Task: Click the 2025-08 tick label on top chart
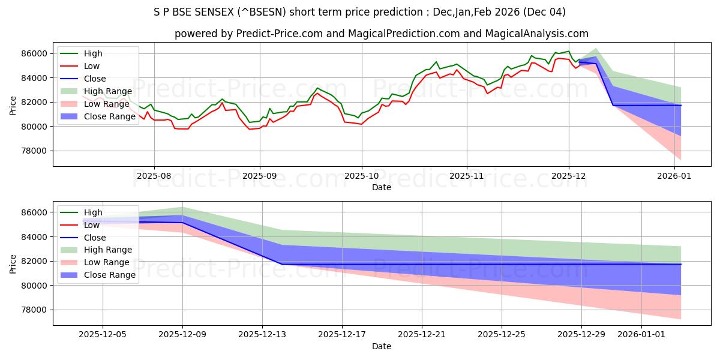(154, 176)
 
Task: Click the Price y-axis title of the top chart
(13, 105)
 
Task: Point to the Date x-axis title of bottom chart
(382, 346)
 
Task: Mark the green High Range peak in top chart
(595, 49)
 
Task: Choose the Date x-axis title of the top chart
(382, 187)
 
